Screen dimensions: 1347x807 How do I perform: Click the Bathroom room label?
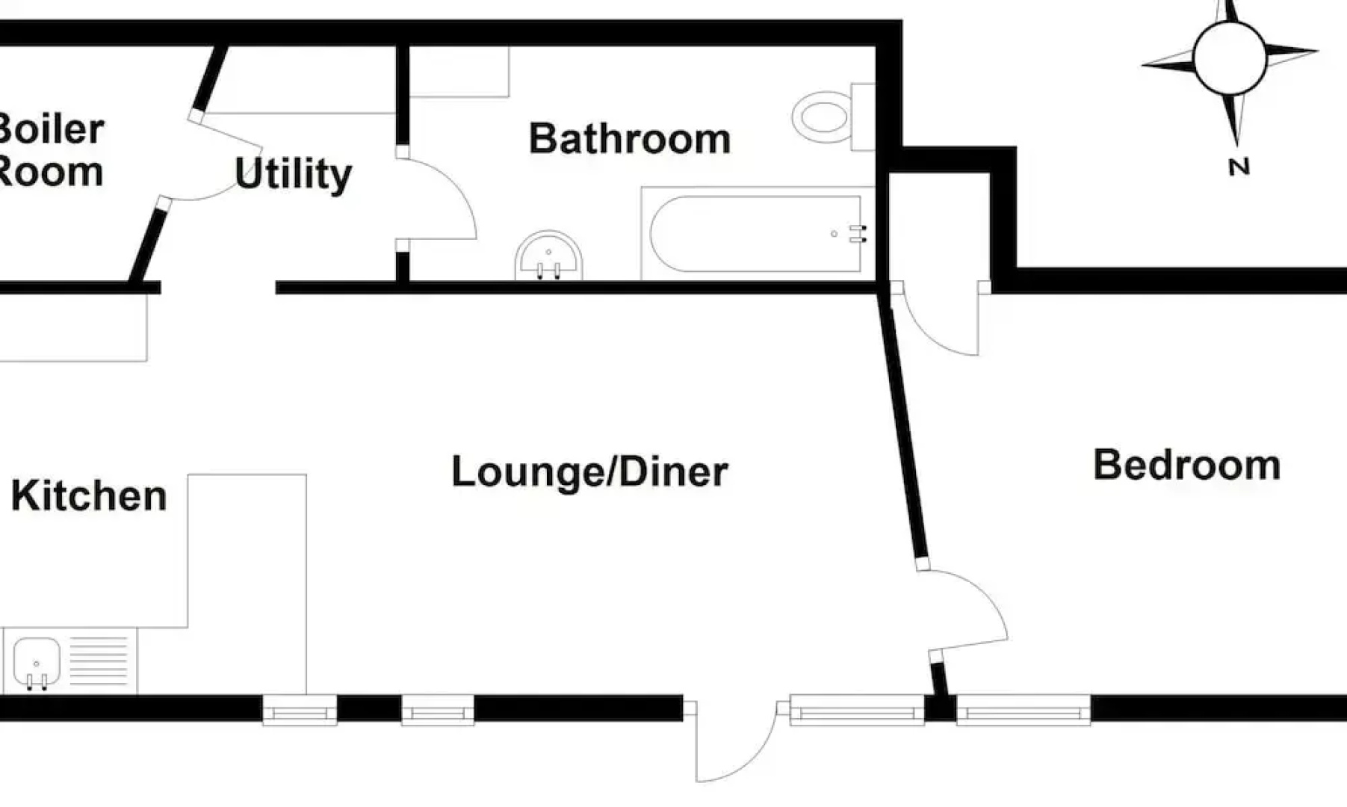coord(630,139)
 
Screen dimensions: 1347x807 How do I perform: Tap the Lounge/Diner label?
coord(589,472)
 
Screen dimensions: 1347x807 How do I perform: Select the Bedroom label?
coord(1187,465)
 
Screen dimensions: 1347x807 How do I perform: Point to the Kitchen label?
coord(89,495)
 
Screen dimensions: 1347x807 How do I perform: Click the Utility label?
coord(293,174)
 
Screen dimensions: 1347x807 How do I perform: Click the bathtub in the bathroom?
coord(758,234)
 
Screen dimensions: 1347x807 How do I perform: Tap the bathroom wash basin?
coord(548,256)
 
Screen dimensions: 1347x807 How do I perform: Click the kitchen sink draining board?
coord(99,661)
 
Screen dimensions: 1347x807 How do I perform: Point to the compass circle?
coord(1230,58)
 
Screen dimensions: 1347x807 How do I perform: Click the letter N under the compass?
coord(1239,167)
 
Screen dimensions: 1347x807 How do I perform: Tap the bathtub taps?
coord(858,234)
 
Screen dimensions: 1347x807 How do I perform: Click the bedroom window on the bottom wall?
coord(1023,710)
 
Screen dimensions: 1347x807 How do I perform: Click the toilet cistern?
coord(863,117)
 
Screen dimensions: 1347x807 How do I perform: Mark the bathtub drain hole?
coord(834,234)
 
